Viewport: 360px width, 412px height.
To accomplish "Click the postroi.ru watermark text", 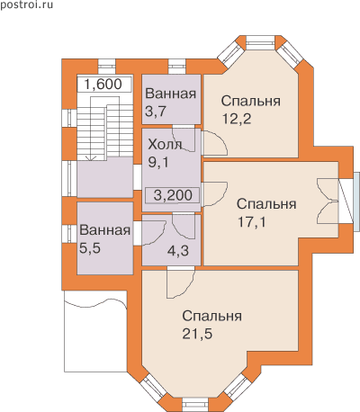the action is click(x=26, y=4).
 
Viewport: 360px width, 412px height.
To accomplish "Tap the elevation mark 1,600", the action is click(x=103, y=85).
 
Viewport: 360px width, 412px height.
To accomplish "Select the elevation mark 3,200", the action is click(x=173, y=195).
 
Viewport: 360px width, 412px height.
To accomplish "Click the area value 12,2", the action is click(x=237, y=119).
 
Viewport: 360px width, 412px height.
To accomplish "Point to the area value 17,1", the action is click(x=251, y=222).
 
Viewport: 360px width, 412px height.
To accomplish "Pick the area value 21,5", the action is click(x=197, y=334).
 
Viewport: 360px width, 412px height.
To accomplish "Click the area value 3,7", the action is click(x=156, y=112).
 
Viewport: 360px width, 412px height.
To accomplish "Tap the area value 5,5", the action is click(x=90, y=248).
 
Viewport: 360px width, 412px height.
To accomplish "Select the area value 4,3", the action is click(x=178, y=251).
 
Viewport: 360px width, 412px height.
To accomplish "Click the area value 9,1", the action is click(x=158, y=162).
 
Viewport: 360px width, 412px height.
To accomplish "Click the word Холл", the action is click(x=166, y=145).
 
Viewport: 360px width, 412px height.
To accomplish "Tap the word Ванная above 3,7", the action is click(x=171, y=94).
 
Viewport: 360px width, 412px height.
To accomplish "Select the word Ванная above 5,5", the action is click(x=105, y=230).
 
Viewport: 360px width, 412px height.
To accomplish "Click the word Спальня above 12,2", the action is click(x=251, y=101).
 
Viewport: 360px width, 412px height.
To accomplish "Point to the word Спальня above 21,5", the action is click(x=212, y=316).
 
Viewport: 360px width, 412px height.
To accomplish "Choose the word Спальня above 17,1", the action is click(x=266, y=204).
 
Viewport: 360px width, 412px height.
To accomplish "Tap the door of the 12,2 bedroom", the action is click(x=214, y=143).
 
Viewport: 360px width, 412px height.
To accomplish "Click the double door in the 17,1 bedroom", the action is click(x=328, y=202).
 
